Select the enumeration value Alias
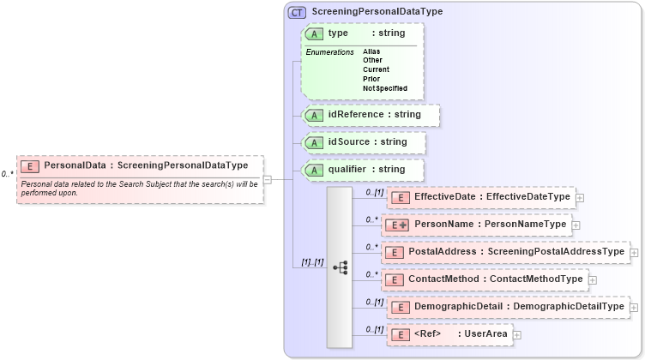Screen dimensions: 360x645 click(371, 51)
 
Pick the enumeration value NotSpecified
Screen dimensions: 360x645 click(384, 88)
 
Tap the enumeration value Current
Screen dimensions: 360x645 click(376, 69)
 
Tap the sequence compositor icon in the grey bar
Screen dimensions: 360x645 click(340, 267)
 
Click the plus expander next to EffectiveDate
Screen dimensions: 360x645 click(581, 198)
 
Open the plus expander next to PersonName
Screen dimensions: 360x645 click(576, 225)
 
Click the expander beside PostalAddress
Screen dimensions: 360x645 click(635, 253)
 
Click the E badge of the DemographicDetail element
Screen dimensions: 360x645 click(398, 307)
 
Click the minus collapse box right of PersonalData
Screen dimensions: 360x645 click(267, 179)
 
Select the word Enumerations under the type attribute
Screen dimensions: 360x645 click(330, 52)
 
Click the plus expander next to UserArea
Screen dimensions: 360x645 click(516, 335)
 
